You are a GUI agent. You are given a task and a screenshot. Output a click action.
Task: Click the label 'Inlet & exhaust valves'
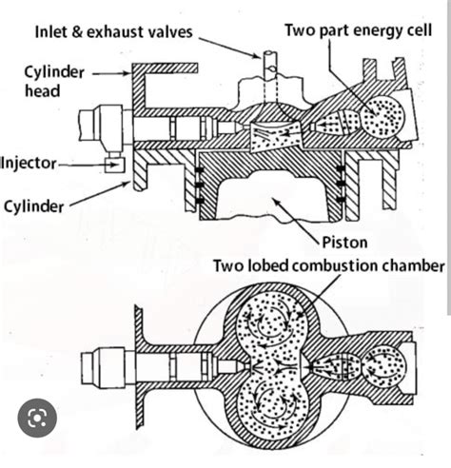[x=113, y=32]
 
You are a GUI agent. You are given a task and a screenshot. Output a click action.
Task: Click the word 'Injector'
[x=29, y=163]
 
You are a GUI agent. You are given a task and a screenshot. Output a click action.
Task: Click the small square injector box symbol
[x=119, y=166]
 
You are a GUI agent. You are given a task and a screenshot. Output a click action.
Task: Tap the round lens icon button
[x=36, y=416]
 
